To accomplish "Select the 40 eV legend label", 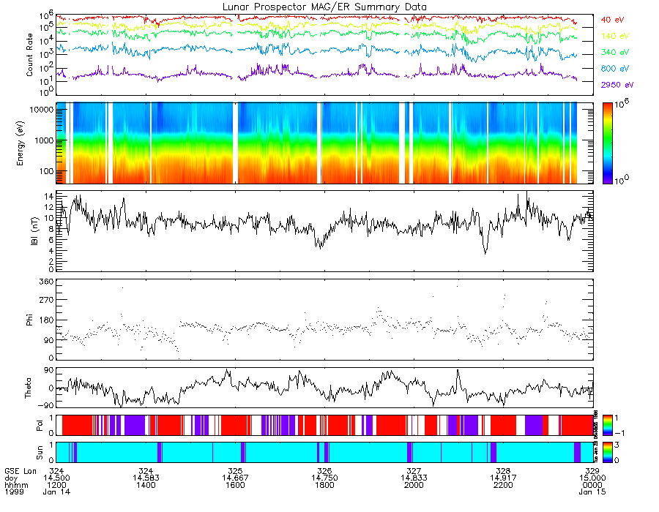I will [x=614, y=20].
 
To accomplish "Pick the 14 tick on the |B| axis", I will [x=46, y=197].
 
